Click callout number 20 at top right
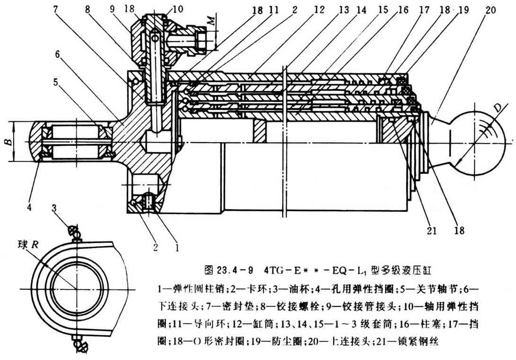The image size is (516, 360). tap(490, 9)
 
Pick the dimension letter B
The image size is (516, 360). tap(7, 142)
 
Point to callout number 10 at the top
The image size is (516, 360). tap(163, 9)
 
